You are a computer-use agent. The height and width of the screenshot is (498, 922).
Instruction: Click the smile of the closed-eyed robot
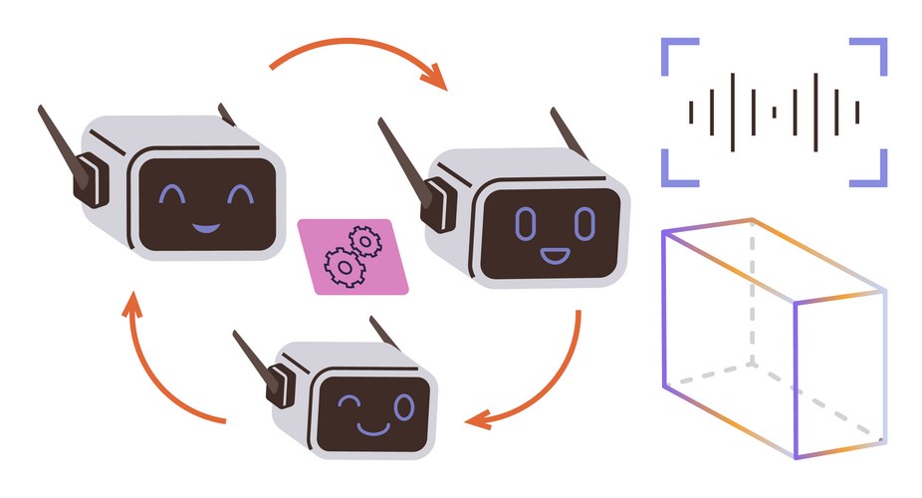pos(205,227)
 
